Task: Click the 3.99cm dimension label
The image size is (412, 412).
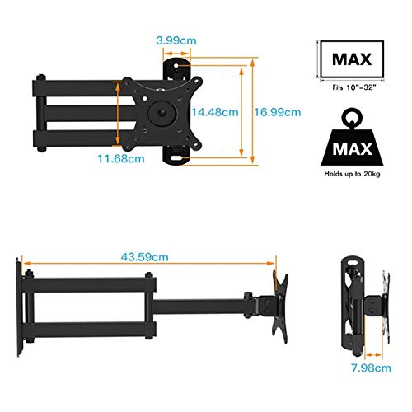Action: point(175,39)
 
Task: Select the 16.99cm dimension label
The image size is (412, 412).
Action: point(276,111)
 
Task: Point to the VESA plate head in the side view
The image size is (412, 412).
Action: point(278,305)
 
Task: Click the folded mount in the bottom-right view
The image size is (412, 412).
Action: point(356,305)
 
